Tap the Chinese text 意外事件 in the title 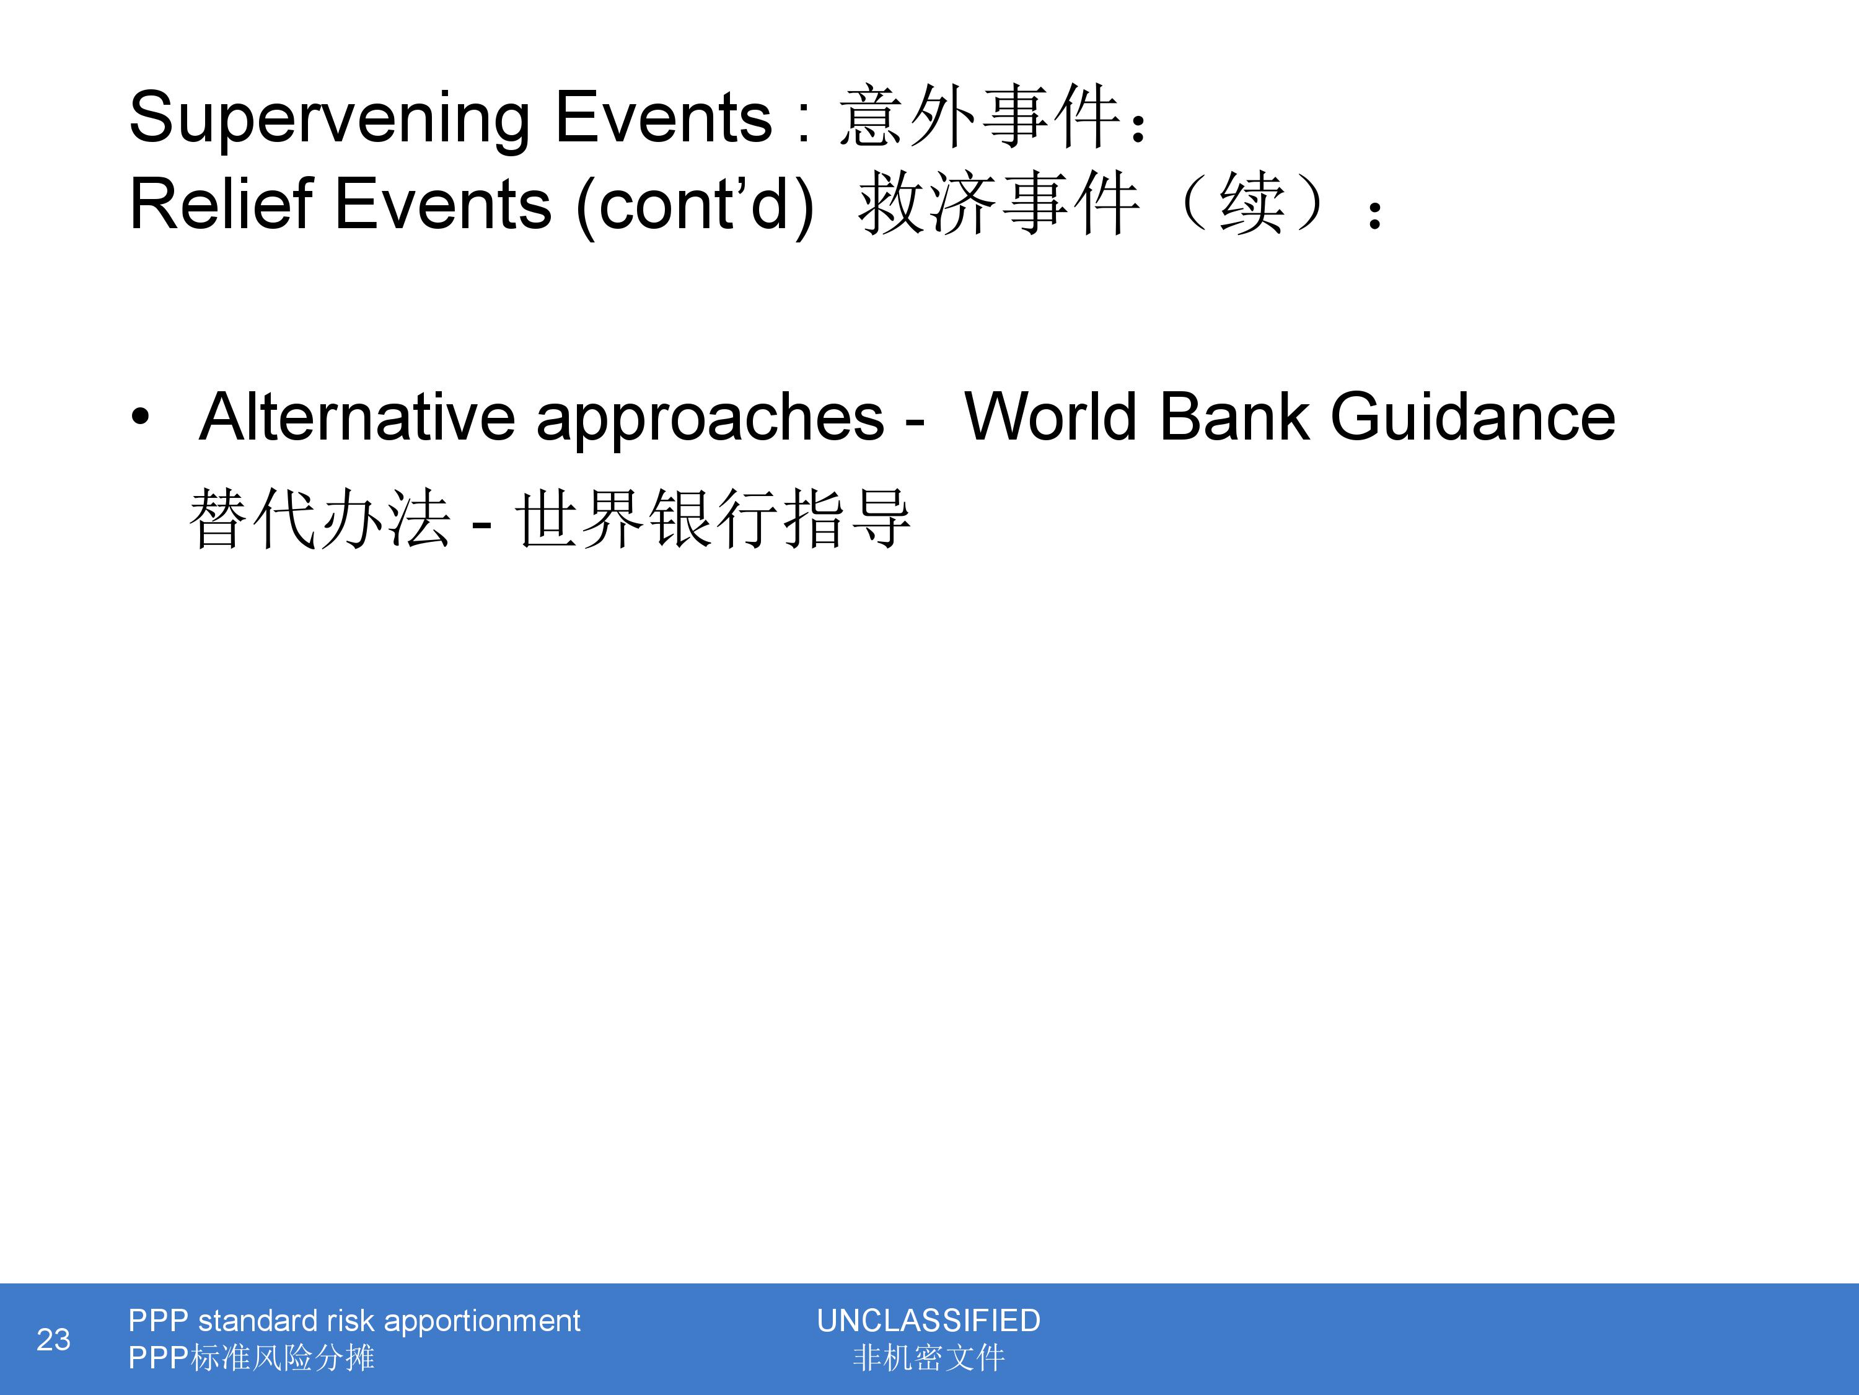[979, 117]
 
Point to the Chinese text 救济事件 [998, 205]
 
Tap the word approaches [710, 420]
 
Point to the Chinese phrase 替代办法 [319, 519]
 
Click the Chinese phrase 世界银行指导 [713, 519]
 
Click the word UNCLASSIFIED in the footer [929, 1321]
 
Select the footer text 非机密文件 [929, 1358]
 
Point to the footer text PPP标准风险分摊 [252, 1358]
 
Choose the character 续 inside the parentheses [1252, 205]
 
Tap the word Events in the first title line [663, 117]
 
